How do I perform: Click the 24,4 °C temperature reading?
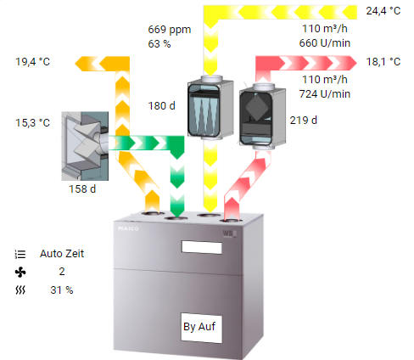coord(383,11)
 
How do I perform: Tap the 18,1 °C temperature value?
coord(383,62)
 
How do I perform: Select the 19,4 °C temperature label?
coord(32,62)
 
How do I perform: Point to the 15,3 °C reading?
coord(32,123)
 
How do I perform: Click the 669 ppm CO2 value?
coord(170,30)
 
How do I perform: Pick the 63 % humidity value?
coord(159,44)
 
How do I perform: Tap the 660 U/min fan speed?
coord(325,43)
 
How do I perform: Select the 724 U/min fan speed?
coord(325,94)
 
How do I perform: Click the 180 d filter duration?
coord(161,106)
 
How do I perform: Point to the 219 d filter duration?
coord(304,121)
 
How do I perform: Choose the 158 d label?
coord(82,189)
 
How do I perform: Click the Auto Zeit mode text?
coord(62,254)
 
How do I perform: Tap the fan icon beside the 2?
coord(20,272)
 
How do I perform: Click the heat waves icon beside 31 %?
coord(20,290)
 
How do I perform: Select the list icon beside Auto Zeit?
coord(20,254)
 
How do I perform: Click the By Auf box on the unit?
coord(201,328)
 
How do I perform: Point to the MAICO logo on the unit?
coord(128,228)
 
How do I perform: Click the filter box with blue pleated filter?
coord(210,108)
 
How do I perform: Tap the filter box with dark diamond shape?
coord(262,116)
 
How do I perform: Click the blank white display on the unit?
coord(202,247)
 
